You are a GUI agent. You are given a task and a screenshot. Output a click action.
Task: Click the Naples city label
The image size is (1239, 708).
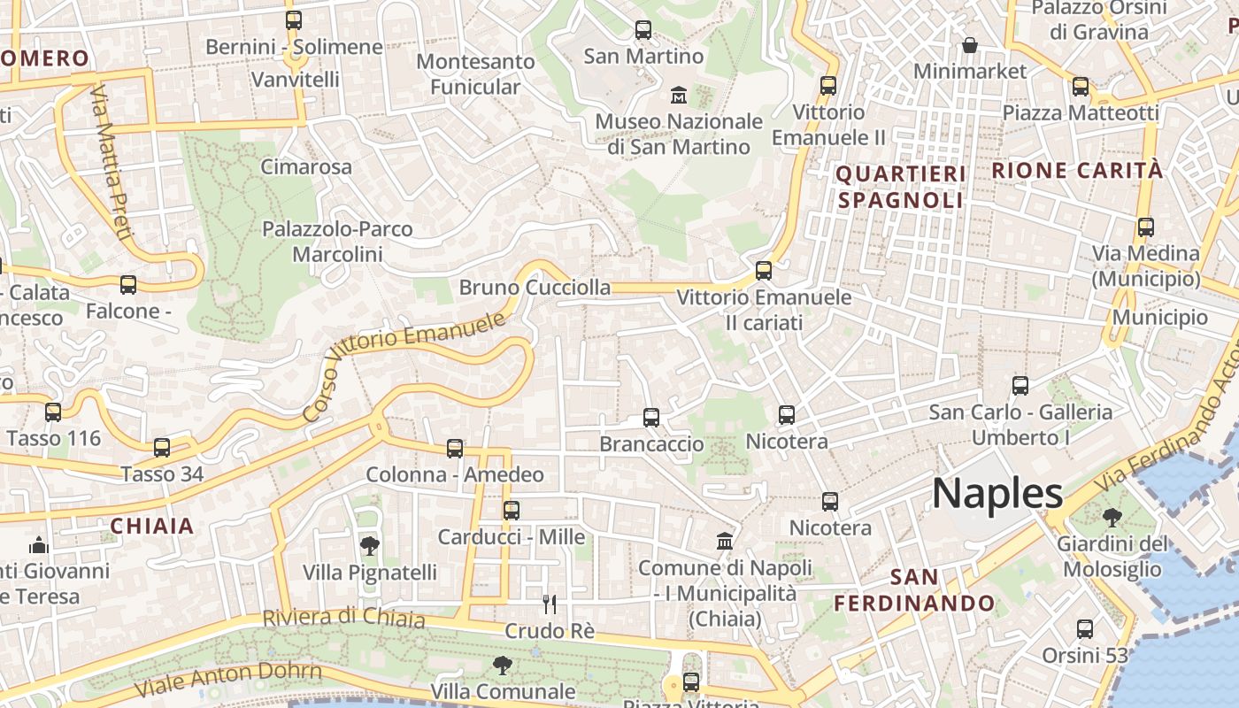pyautogui.click(x=997, y=493)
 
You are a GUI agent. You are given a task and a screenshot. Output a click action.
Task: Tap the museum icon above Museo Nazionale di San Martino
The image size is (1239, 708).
pyautogui.click(x=679, y=94)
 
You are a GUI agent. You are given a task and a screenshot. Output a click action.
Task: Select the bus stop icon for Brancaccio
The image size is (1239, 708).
pyautogui.click(x=651, y=417)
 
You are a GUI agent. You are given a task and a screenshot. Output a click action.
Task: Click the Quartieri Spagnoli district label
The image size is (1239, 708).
pyautogui.click(x=901, y=187)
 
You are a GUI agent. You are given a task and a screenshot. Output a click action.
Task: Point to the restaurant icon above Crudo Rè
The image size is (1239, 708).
pyautogui.click(x=550, y=604)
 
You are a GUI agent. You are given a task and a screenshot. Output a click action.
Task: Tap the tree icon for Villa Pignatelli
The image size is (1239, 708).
pyautogui.click(x=370, y=545)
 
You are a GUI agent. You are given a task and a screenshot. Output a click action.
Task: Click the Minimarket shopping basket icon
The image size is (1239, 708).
pyautogui.click(x=970, y=44)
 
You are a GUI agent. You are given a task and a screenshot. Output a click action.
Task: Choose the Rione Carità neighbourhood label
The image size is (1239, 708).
pyautogui.click(x=1077, y=170)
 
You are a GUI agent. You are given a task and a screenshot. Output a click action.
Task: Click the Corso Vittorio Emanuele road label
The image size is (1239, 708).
pyautogui.click(x=404, y=364)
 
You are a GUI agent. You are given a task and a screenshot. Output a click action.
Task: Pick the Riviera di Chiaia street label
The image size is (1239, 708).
pyautogui.click(x=344, y=617)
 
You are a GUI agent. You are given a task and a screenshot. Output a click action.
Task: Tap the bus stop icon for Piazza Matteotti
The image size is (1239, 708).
pyautogui.click(x=1080, y=87)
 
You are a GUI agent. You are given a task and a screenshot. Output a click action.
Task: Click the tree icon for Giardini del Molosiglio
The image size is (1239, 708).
pyautogui.click(x=1112, y=517)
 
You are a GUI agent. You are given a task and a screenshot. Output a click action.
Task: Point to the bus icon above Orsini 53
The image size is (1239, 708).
pyautogui.click(x=1085, y=629)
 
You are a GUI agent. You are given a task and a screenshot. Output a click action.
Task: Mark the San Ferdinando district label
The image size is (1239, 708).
pyautogui.click(x=915, y=590)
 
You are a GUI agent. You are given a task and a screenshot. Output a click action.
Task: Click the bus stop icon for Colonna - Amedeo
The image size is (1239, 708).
pyautogui.click(x=455, y=449)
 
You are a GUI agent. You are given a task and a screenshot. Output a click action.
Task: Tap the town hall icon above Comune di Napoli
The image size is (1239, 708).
pyautogui.click(x=725, y=540)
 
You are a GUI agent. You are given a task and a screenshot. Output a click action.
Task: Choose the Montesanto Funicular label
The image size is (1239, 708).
pyautogui.click(x=475, y=74)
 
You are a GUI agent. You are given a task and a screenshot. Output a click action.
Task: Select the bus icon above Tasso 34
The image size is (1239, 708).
pyautogui.click(x=161, y=448)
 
